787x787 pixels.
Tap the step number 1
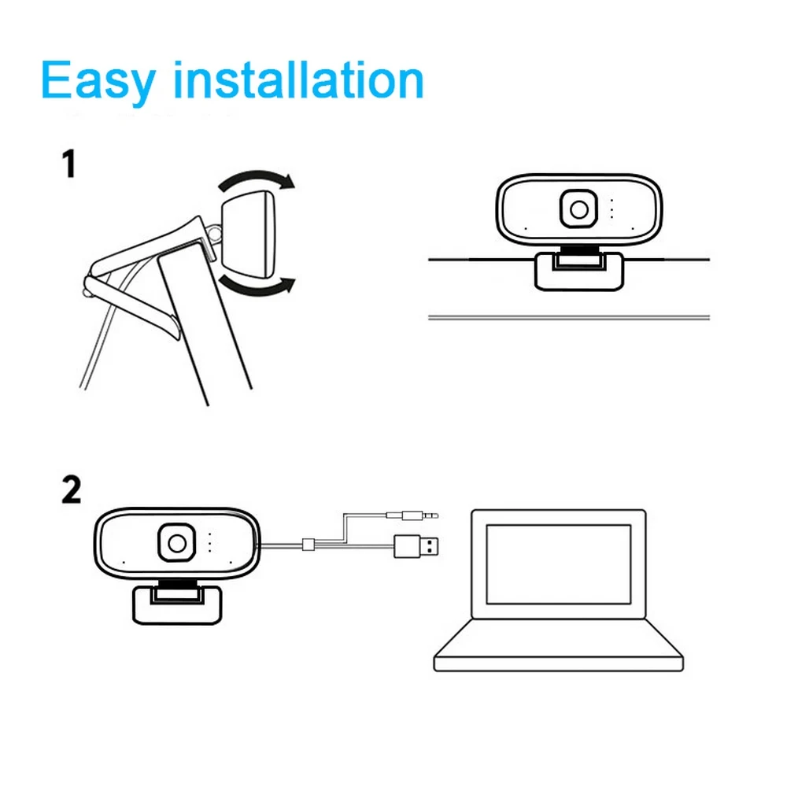[x=69, y=165]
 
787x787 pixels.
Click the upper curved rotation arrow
[x=256, y=179]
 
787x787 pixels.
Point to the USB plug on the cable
[x=416, y=545]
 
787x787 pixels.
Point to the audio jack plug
[x=412, y=516]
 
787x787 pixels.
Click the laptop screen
[x=558, y=563]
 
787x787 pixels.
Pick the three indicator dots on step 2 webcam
[x=210, y=542]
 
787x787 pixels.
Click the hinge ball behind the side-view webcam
[x=214, y=233]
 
